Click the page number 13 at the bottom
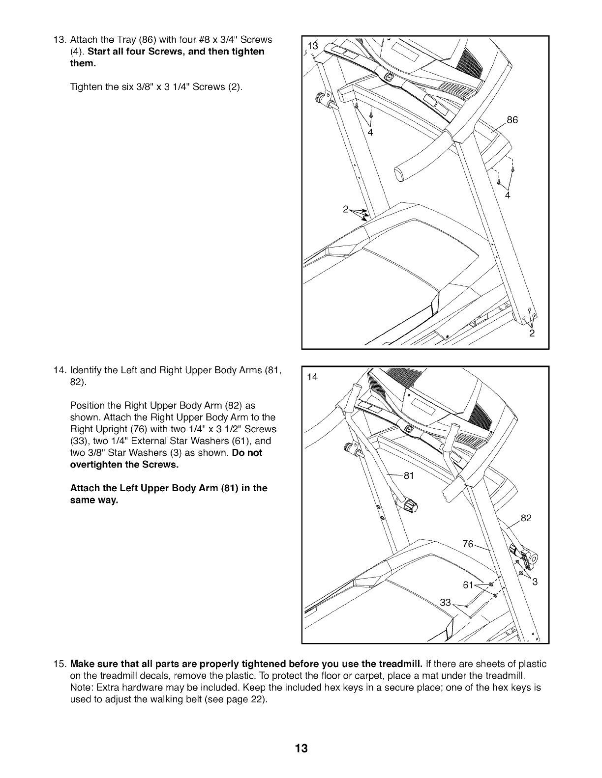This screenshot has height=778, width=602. pyautogui.click(x=301, y=749)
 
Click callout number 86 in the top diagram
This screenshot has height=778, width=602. pyautogui.click(x=512, y=120)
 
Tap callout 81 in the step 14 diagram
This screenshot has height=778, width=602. pyautogui.click(x=409, y=475)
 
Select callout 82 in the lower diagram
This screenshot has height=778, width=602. pyautogui.click(x=526, y=518)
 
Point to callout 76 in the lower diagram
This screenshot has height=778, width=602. pyautogui.click(x=468, y=544)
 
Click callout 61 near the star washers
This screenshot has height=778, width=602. pyautogui.click(x=468, y=585)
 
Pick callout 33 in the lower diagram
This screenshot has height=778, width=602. pyautogui.click(x=445, y=603)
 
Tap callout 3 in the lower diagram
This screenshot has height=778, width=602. pyautogui.click(x=536, y=583)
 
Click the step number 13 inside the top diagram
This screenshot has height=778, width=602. pyautogui.click(x=313, y=46)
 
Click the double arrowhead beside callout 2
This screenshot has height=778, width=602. pyautogui.click(x=362, y=213)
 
